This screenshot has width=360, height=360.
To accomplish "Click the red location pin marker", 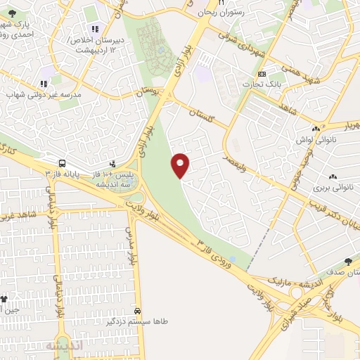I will [x=181, y=165].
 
